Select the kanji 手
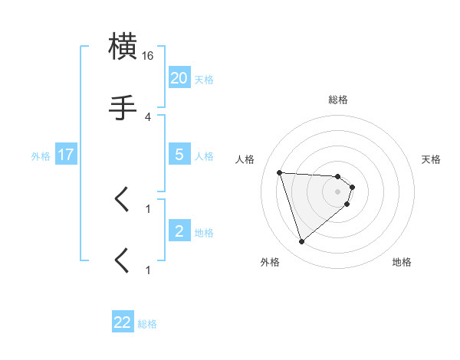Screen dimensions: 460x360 123,107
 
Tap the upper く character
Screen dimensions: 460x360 122,200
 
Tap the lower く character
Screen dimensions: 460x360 122,260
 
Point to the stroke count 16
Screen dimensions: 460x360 148,56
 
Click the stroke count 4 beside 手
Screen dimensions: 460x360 148,116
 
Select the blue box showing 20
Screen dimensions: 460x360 179,77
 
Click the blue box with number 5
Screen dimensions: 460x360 179,154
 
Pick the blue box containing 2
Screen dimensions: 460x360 179,231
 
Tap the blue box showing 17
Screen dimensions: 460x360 65,154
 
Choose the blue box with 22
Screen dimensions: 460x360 123,322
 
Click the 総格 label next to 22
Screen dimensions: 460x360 147,324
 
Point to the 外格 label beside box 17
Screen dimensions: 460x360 41,155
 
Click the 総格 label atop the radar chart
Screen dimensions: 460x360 338,100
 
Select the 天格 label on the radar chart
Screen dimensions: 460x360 432,159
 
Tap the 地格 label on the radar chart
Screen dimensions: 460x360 402,263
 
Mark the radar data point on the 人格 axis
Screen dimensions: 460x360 280,172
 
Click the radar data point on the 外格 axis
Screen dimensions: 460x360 302,242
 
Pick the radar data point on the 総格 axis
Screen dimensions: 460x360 338,176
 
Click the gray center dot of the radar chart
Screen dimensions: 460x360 338,191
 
